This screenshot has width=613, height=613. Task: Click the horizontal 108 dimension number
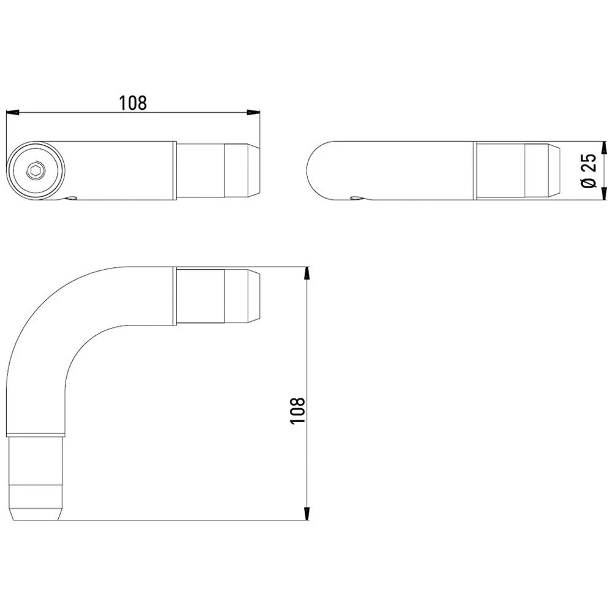point(132,103)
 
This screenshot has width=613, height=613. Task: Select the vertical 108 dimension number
point(297,410)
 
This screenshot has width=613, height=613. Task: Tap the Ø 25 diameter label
point(589,170)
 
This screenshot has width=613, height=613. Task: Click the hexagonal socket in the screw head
point(36,170)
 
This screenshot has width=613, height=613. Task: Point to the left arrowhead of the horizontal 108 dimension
point(12,113)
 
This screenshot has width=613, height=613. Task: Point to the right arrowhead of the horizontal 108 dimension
point(253,113)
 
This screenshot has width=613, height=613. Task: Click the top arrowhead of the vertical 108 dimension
point(307,273)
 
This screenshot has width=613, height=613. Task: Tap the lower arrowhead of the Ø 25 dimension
point(604,194)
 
